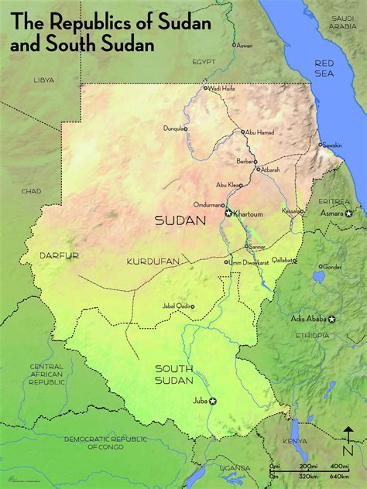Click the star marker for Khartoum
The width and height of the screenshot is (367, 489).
[228, 212]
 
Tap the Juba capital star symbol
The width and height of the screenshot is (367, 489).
[214, 401]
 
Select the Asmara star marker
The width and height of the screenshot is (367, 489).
[349, 213]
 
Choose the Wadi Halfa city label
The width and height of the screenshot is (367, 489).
[221, 88]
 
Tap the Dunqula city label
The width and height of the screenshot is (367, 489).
[174, 128]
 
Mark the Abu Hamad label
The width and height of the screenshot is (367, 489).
[260, 132]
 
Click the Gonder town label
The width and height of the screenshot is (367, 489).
[332, 267]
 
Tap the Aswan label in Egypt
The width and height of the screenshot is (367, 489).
[244, 46]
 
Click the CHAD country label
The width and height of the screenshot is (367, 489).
[31, 191]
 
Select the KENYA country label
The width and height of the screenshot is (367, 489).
[316, 441]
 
